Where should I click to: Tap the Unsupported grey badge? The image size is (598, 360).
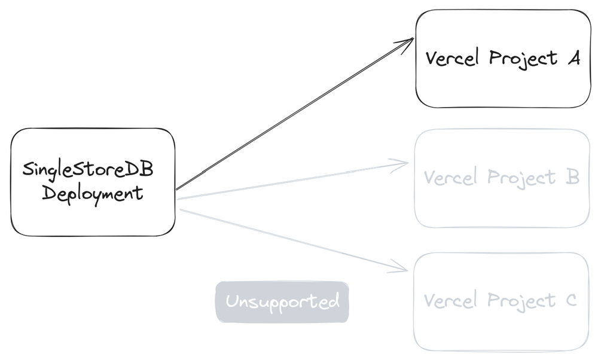pyautogui.click(x=282, y=301)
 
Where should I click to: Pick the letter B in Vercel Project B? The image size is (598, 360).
pyautogui.click(x=572, y=177)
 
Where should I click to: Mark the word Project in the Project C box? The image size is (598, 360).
pyautogui.click(x=520, y=300)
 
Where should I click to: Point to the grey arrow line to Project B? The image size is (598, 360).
pyautogui.click(x=287, y=179)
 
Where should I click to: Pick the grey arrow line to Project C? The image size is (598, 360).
pyautogui.click(x=287, y=239)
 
